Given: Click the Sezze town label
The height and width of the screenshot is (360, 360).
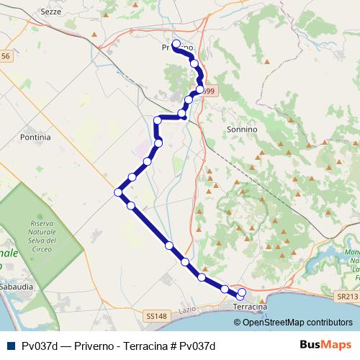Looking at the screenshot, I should tap(52, 13).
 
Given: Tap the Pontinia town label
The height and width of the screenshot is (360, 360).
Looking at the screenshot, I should tap(36, 136).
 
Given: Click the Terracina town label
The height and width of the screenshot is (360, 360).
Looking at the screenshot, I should tap(251, 307).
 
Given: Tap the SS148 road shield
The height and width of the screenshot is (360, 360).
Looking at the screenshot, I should tap(156, 316).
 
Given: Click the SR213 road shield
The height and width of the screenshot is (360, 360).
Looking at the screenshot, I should tap(346, 296).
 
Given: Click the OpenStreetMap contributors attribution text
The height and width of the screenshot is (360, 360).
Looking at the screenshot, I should tap(300, 322).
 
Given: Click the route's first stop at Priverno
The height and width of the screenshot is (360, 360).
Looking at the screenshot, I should tap(176, 44).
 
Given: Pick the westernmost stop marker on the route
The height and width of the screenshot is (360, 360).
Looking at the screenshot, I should tap(118, 192).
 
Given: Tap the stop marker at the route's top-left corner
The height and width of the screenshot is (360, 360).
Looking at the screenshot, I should tap(158, 120).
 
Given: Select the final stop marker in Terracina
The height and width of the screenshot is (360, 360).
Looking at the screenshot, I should tap(241, 292).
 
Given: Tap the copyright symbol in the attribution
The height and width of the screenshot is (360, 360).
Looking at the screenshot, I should tap(238, 322).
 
